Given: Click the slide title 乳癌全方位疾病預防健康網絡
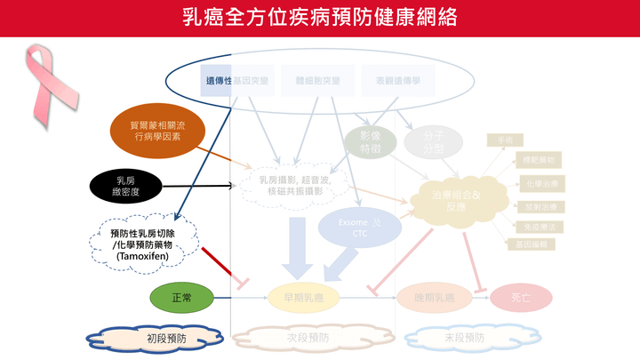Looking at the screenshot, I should [320, 18].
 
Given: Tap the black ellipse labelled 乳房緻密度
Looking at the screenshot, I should [129, 185].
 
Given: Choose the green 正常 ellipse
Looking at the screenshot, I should [180, 296].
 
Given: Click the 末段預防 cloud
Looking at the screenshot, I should [463, 338].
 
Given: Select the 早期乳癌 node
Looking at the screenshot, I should [306, 297].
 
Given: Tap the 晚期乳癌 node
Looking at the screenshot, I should [430, 297].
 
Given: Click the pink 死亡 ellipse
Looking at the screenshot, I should [520, 297].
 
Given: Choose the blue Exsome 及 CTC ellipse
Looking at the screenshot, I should [360, 227].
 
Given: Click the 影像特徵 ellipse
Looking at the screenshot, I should [370, 142].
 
